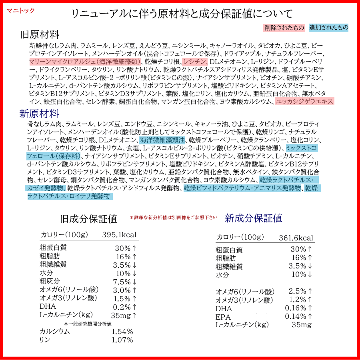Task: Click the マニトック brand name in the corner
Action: click(x=20, y=10)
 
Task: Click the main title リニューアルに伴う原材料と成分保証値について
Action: click(x=182, y=14)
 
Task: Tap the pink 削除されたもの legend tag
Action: click(x=284, y=28)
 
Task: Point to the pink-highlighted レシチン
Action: click(x=195, y=62)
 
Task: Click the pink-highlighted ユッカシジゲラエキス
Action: click(x=304, y=102)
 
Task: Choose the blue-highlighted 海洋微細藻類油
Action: click(x=162, y=140)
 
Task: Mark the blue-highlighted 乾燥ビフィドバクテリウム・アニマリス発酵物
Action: click(x=242, y=188)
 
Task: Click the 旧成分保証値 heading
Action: click(x=88, y=218)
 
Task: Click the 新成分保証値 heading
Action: click(x=253, y=218)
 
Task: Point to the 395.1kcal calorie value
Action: click(x=119, y=235)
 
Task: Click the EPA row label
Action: click(x=223, y=317)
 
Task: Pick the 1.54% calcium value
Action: click(x=122, y=332)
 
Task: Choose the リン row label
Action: click(x=44, y=340)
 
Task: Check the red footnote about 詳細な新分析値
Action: click(x=174, y=218)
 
